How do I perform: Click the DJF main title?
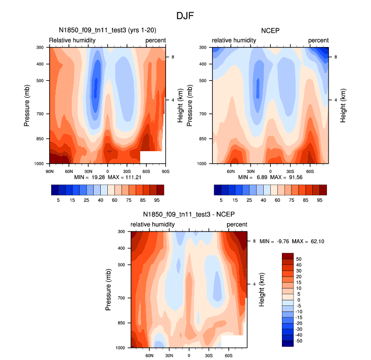click(185, 16)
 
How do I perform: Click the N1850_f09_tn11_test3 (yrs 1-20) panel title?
click(106, 31)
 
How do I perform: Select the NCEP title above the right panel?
click(270, 31)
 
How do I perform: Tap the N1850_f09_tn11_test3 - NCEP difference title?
click(189, 214)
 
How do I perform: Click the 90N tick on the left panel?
click(50, 171)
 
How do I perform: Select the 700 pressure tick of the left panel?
click(40, 114)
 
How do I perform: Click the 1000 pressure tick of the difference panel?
click(121, 348)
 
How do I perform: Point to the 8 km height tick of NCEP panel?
click(335, 57)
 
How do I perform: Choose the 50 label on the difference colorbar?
click(299, 259)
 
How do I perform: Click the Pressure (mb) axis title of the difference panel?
click(110, 289)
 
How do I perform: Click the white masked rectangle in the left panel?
click(151, 157)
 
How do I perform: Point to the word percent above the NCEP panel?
click(318, 40)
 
